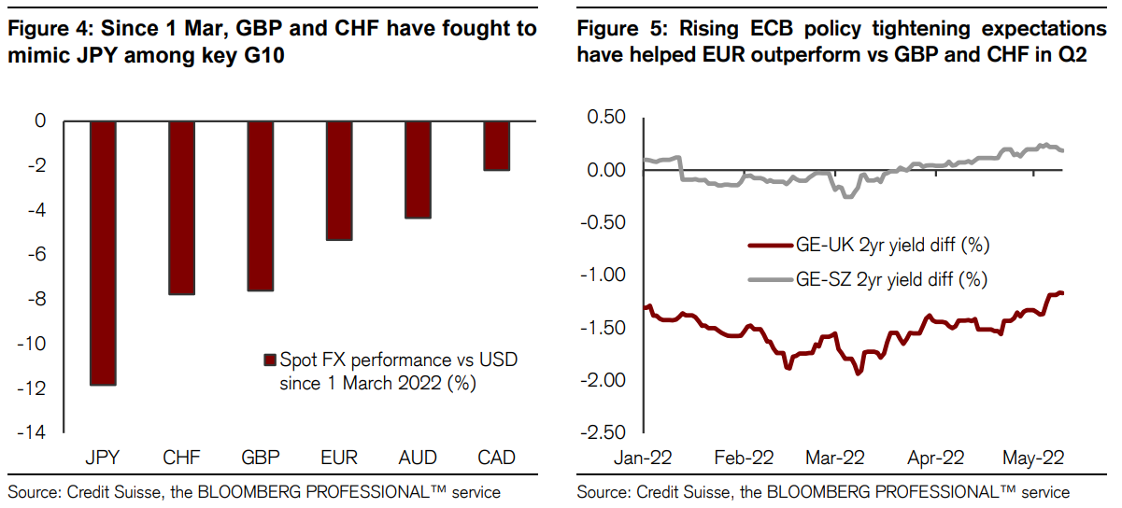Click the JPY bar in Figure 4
(x=103, y=252)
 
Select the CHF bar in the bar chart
(x=182, y=207)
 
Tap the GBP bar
(x=261, y=205)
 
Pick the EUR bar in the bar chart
(x=339, y=180)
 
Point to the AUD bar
(x=418, y=169)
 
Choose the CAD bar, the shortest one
(x=496, y=146)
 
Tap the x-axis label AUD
(x=418, y=459)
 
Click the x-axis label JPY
(x=103, y=459)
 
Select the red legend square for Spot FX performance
(x=271, y=360)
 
